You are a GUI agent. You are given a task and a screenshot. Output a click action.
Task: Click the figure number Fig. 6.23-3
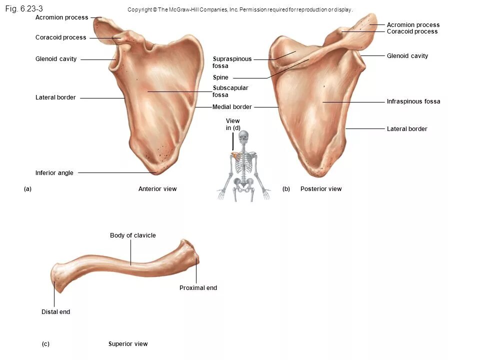pyautogui.click(x=24, y=8)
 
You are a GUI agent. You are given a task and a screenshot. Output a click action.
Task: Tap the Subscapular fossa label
pyautogui.click(x=230, y=91)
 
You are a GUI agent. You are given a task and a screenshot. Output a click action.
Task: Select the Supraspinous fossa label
pyautogui.click(x=232, y=62)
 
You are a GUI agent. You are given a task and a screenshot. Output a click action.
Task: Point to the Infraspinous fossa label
pyautogui.click(x=413, y=101)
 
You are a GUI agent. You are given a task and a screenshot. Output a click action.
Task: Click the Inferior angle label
pyautogui.click(x=54, y=173)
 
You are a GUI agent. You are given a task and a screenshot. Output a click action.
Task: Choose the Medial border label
pyautogui.click(x=232, y=107)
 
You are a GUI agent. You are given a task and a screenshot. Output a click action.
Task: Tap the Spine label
pyautogui.click(x=220, y=77)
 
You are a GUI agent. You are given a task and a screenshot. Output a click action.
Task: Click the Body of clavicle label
pyautogui.click(x=132, y=235)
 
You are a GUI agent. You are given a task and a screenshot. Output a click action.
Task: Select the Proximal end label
pyautogui.click(x=198, y=288)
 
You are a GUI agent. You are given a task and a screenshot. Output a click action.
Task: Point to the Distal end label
pyautogui.click(x=55, y=312)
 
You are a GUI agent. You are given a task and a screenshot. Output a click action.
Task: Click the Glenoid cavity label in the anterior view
pyautogui.click(x=56, y=59)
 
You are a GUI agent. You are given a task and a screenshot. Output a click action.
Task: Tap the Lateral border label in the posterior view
pyautogui.click(x=407, y=129)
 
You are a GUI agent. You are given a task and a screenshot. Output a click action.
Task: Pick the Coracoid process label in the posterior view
pyautogui.click(x=412, y=31)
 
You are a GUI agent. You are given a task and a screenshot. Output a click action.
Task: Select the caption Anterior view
pyautogui.click(x=157, y=189)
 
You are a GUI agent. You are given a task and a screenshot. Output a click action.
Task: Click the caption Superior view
pyautogui.click(x=128, y=344)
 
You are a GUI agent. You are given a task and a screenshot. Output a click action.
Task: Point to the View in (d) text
pyautogui.click(x=233, y=124)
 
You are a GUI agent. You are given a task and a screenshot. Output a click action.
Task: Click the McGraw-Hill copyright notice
pyautogui.click(x=240, y=9)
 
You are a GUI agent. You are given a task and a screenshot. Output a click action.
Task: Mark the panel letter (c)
pyautogui.click(x=45, y=344)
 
